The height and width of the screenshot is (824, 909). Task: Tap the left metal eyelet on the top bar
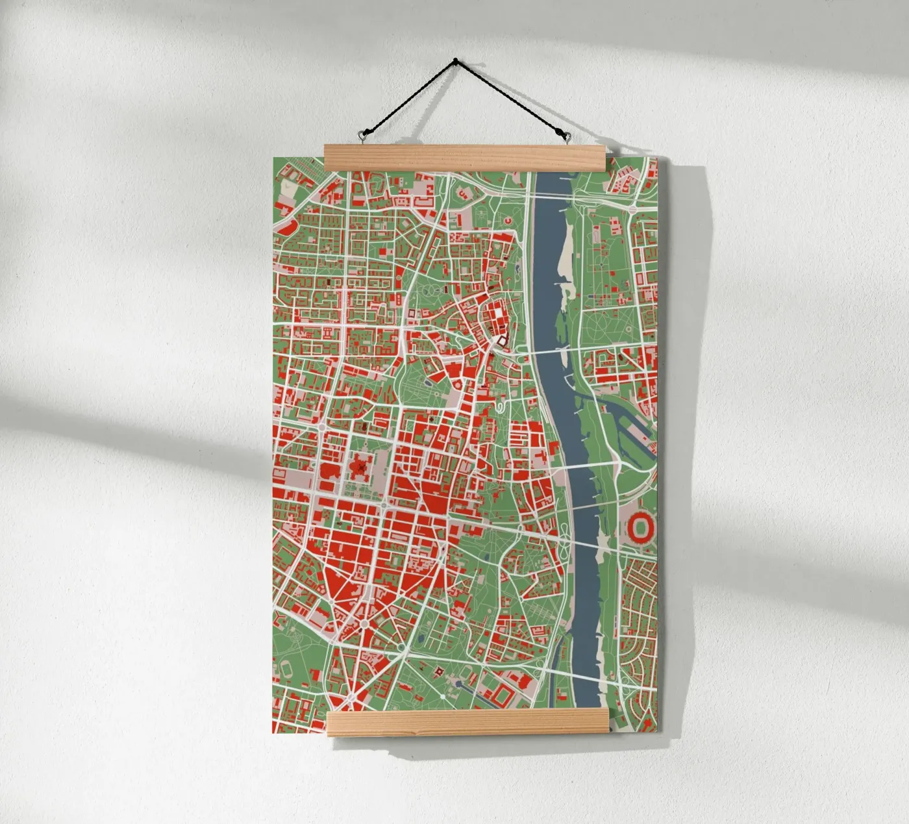pyautogui.click(x=361, y=136)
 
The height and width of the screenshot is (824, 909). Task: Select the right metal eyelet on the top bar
pyautogui.click(x=568, y=137)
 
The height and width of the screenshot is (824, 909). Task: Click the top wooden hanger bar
pyautogui.click(x=466, y=158)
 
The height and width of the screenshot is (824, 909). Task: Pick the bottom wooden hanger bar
pyautogui.click(x=467, y=722)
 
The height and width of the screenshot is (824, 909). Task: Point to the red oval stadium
pyautogui.click(x=643, y=527)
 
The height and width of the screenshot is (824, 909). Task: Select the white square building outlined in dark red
pyautogui.click(x=501, y=339)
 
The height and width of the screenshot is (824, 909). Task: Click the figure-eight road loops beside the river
pyautogui.click(x=567, y=539)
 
